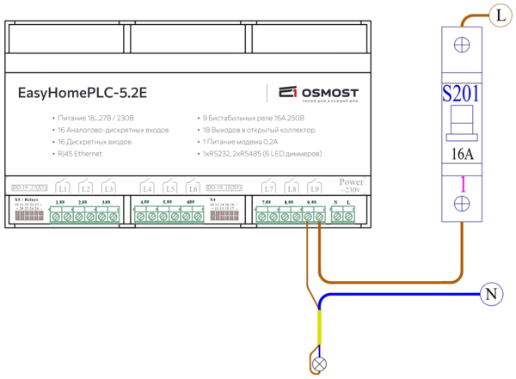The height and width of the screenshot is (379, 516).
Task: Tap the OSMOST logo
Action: [313, 93]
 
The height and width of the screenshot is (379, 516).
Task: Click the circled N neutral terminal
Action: [489, 295]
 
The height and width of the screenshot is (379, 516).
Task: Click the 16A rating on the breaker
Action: [461, 155]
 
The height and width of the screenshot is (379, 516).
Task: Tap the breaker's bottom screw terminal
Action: [461, 203]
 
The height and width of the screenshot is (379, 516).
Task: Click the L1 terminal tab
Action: [63, 188]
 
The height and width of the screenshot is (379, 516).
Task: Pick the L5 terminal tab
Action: [170, 188]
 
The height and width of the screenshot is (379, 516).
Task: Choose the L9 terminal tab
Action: [315, 188]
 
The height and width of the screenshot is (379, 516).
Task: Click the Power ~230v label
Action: [353, 186]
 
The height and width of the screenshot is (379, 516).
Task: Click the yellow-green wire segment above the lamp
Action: [320, 331]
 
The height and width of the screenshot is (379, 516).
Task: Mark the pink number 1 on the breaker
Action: [461, 182]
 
